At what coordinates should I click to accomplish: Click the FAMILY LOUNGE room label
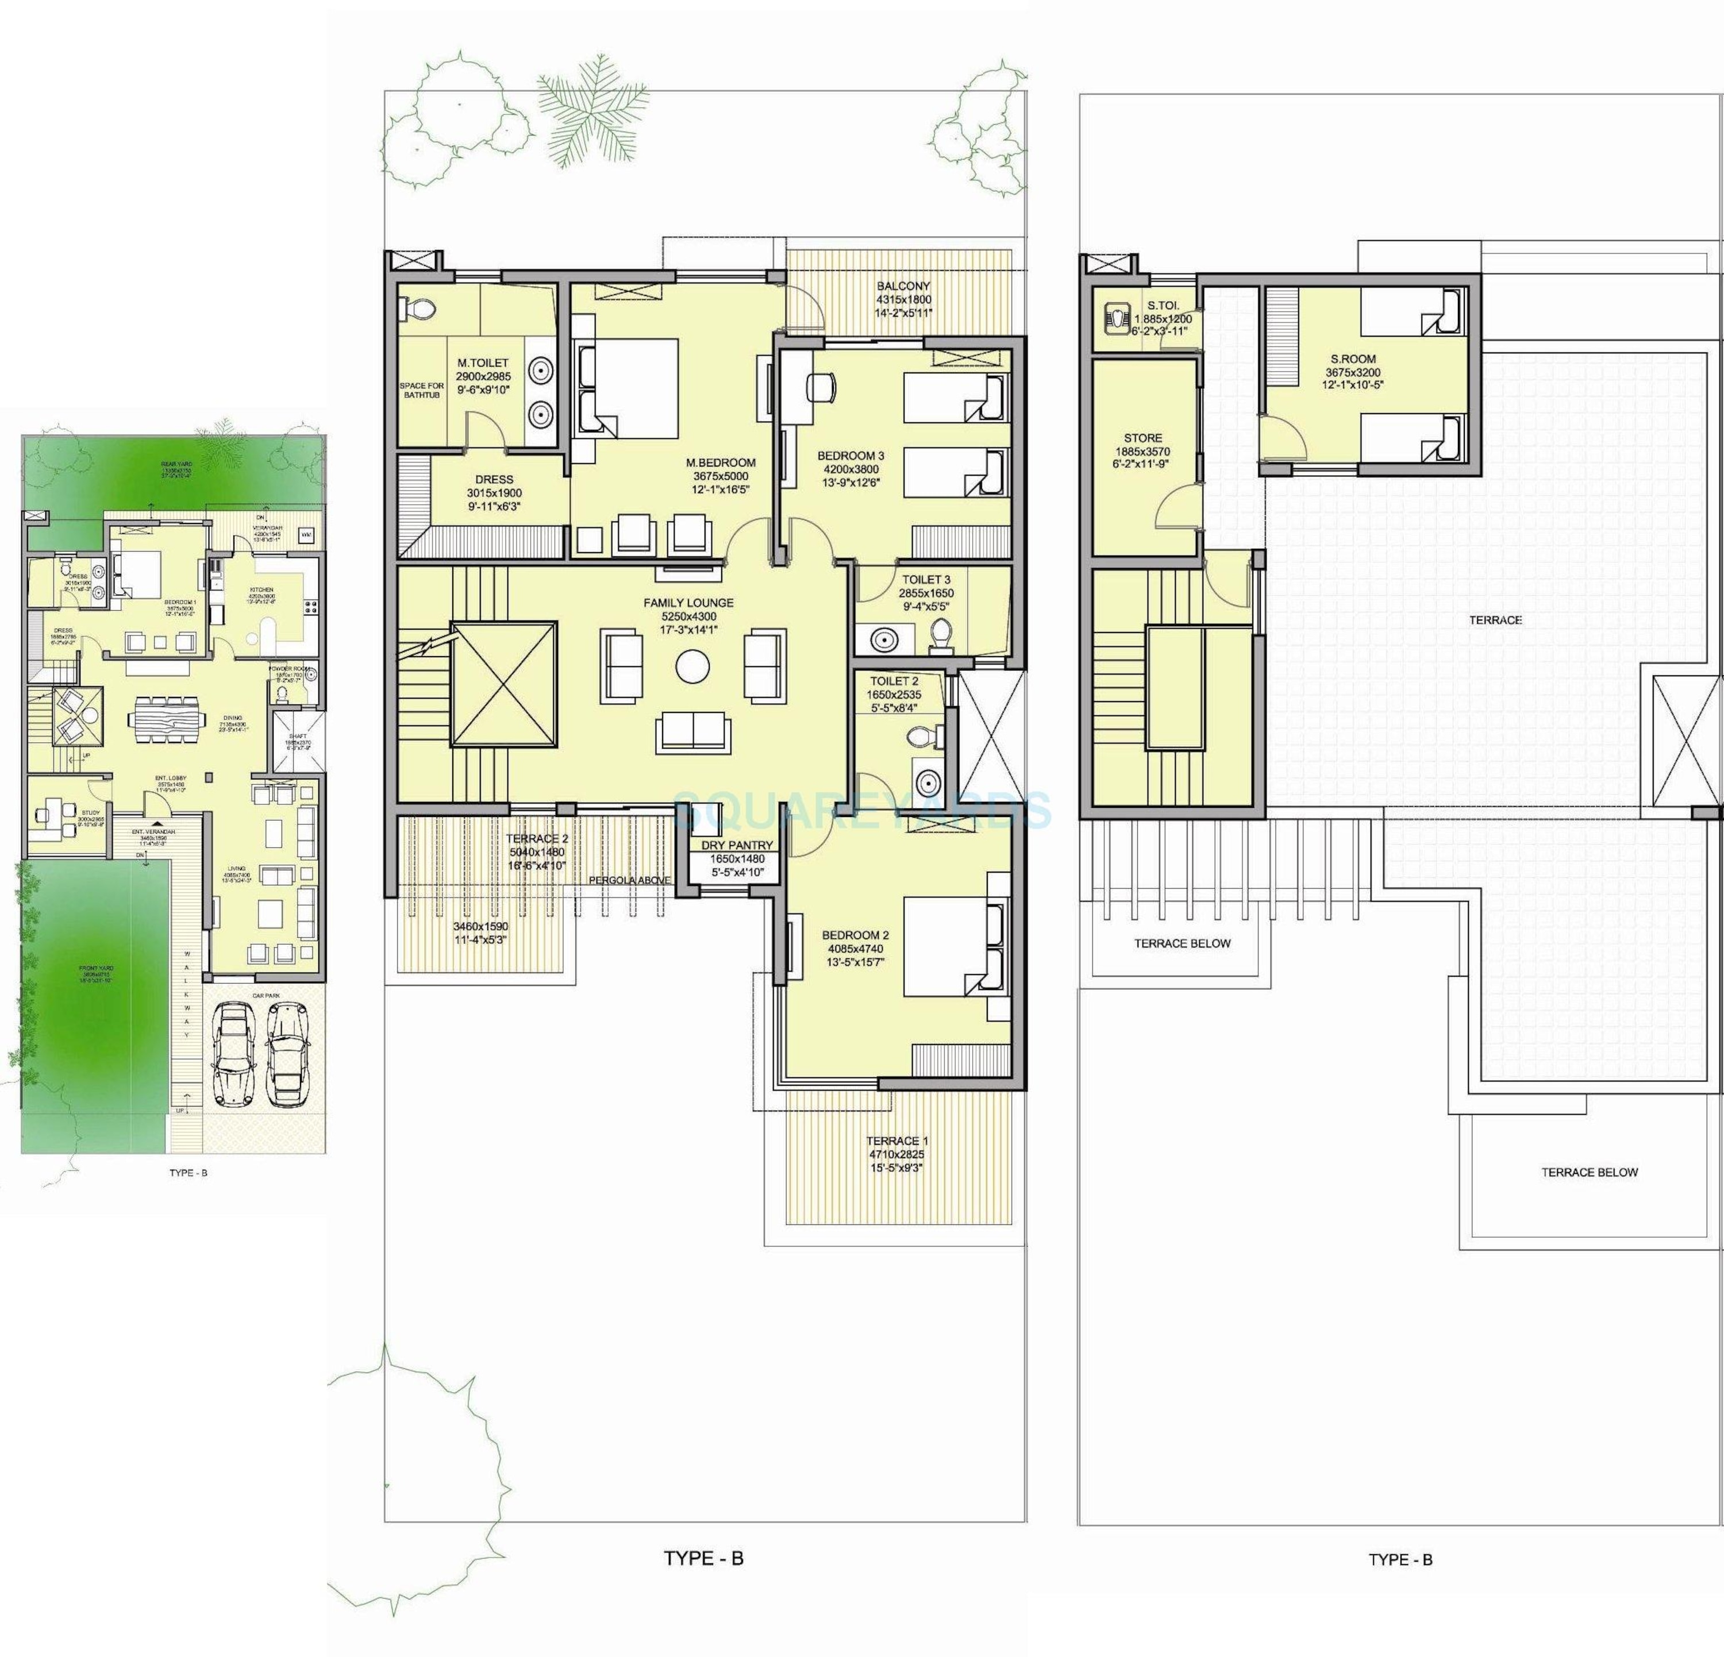click(688, 603)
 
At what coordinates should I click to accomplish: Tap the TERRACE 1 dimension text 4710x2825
click(896, 1154)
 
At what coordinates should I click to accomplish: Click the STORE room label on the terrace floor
click(1142, 437)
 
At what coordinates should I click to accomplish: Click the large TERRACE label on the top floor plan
click(1495, 620)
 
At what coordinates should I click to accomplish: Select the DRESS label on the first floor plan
click(494, 479)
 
